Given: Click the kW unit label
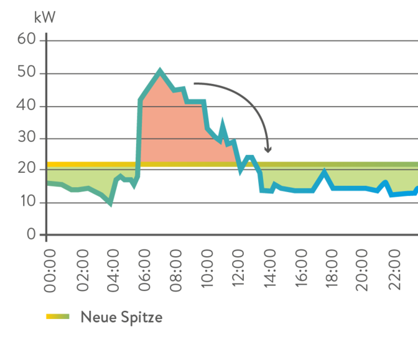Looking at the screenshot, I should pyautogui.click(x=45, y=17).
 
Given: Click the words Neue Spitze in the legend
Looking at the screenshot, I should pyautogui.click(x=122, y=317).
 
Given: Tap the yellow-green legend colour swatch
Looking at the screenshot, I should pyautogui.click(x=58, y=316).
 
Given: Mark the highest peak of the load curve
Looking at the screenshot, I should pyautogui.click(x=160, y=69).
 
